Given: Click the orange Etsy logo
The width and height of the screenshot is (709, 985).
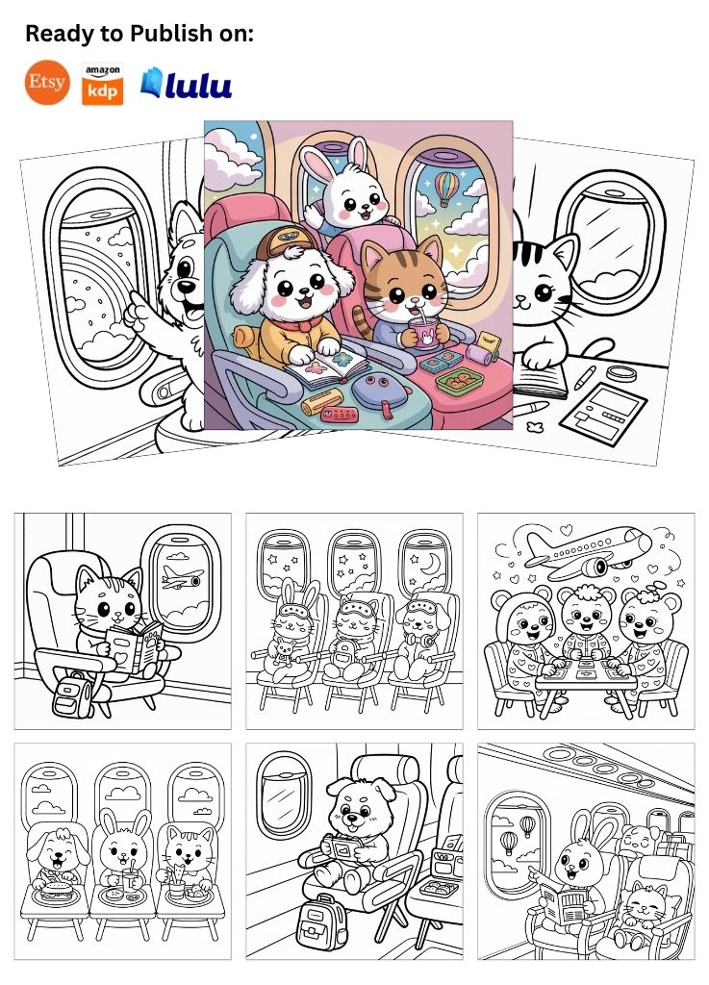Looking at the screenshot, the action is (47, 83).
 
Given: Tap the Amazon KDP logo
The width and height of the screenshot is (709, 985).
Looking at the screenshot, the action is (102, 84).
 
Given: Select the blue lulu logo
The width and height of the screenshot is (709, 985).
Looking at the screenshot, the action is (186, 84).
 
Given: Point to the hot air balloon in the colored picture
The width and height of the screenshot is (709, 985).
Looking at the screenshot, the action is (445, 188).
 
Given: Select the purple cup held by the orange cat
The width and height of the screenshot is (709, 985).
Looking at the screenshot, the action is (425, 332).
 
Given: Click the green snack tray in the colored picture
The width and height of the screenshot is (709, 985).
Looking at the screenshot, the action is (460, 381).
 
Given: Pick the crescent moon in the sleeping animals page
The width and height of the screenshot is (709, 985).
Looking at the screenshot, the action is (430, 564).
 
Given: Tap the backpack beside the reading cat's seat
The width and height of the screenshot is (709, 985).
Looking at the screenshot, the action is (71, 695).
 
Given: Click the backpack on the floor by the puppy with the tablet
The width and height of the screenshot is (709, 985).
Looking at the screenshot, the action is (321, 921).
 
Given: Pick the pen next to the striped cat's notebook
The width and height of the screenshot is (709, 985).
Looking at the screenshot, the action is (584, 377).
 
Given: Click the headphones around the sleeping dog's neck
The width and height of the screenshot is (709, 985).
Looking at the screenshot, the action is (423, 639).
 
